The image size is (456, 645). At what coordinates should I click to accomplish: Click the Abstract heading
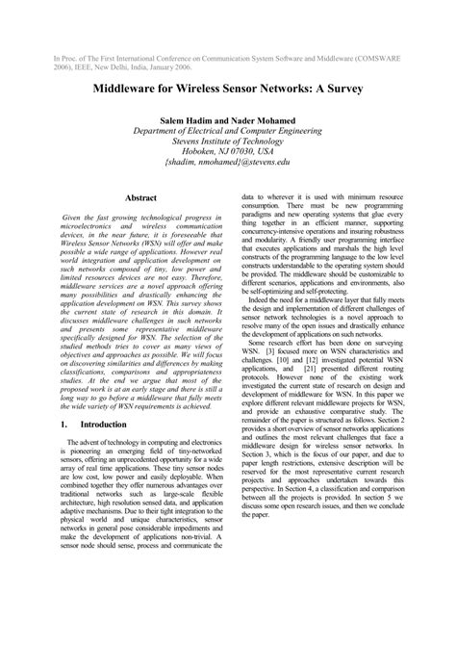pyautogui.click(x=141, y=196)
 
